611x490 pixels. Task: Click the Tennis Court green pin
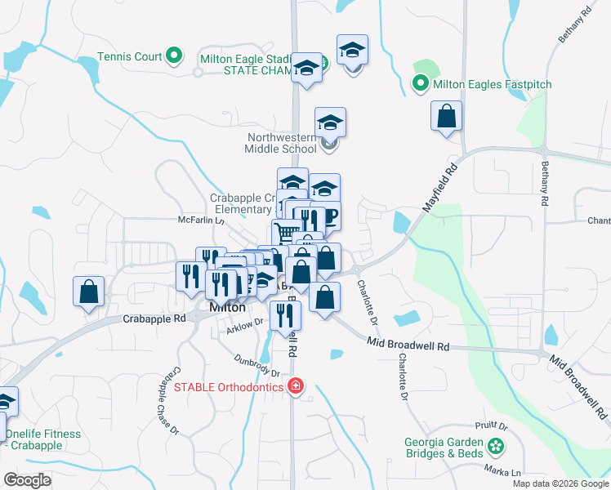click(x=173, y=56)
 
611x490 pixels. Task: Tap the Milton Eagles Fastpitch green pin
click(x=420, y=84)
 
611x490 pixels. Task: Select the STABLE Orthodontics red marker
click(x=295, y=386)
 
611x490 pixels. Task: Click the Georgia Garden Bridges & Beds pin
click(x=494, y=446)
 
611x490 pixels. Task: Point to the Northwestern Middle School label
click(x=280, y=144)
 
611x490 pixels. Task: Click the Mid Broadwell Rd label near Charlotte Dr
click(x=408, y=345)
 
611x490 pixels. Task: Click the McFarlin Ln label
click(x=201, y=220)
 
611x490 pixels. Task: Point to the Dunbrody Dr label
click(x=256, y=365)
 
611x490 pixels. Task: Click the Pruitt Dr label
click(x=491, y=426)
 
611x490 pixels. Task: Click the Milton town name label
click(x=227, y=308)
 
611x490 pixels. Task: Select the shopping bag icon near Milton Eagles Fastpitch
click(x=446, y=117)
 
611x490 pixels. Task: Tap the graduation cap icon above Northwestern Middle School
click(x=330, y=123)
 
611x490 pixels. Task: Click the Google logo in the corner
click(x=27, y=479)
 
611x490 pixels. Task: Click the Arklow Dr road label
click(x=245, y=326)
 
